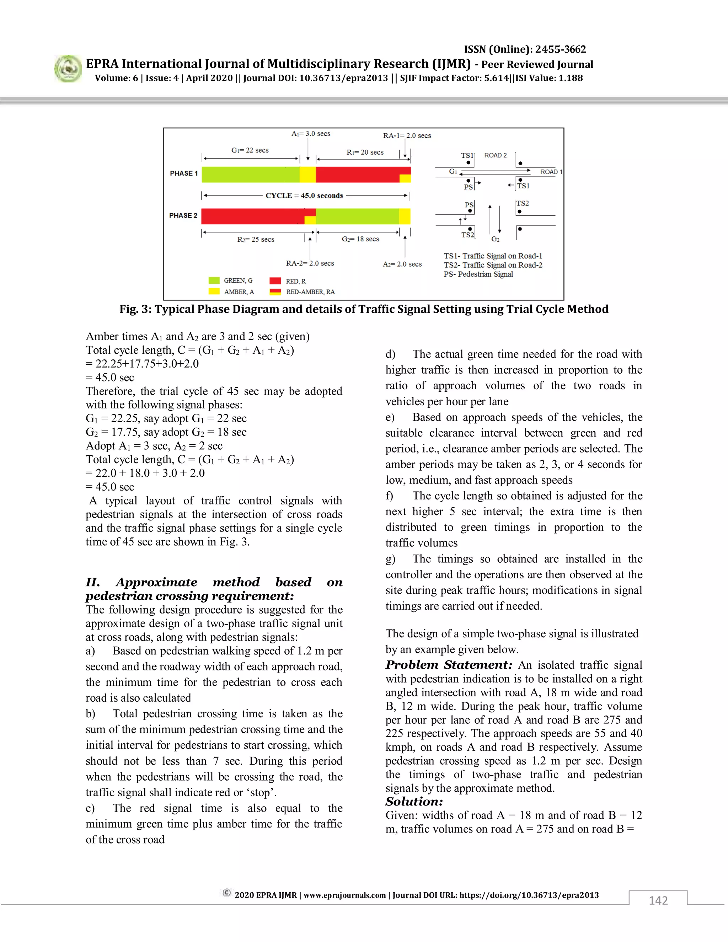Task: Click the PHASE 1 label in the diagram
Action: click(x=183, y=173)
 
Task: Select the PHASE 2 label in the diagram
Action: click(x=183, y=215)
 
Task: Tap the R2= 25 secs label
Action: click(x=256, y=239)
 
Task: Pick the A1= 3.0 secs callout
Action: click(x=311, y=134)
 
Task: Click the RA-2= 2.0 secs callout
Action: click(x=310, y=263)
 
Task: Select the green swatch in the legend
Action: click(x=214, y=281)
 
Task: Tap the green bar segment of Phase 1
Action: click(x=250, y=174)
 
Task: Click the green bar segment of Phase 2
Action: click(x=357, y=216)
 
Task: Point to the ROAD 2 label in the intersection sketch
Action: click(x=495, y=155)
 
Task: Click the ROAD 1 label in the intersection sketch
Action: click(x=551, y=172)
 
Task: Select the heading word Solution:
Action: click(x=414, y=801)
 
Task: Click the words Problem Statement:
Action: click(x=449, y=665)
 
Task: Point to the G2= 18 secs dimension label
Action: click(x=360, y=239)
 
